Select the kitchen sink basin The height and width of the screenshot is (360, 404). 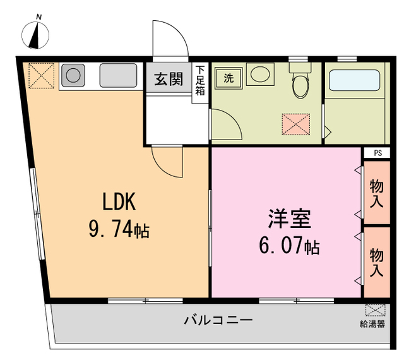[118, 76]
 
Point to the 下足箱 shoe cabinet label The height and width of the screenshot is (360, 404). [200, 80]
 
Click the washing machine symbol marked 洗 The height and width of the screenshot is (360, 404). [229, 78]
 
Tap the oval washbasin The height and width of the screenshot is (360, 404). [259, 75]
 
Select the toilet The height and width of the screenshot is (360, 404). [299, 81]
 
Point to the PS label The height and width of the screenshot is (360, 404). [377, 153]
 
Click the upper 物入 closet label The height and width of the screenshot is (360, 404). [377, 194]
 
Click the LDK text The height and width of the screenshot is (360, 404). [120, 202]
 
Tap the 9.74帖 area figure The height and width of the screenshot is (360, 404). [119, 229]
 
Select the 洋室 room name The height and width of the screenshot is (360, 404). [288, 219]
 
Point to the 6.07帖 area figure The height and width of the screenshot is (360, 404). [288, 245]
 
